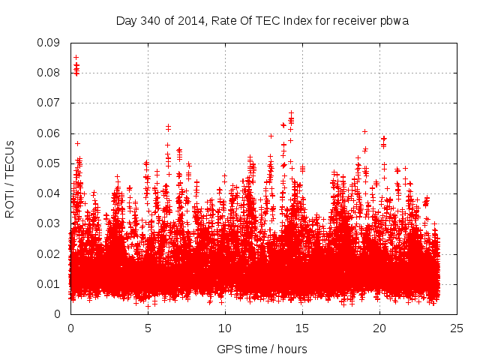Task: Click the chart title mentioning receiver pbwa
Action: click(x=262, y=19)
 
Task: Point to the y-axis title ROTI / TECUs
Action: click(x=10, y=178)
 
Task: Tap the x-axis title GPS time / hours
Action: click(x=262, y=349)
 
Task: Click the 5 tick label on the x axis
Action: click(x=148, y=328)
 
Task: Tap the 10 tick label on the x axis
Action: click(x=225, y=328)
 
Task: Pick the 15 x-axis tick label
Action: click(x=302, y=328)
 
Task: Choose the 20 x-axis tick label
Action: click(x=379, y=328)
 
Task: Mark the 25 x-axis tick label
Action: click(x=457, y=328)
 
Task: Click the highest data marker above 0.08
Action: click(x=76, y=57)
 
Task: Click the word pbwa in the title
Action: click(x=394, y=19)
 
